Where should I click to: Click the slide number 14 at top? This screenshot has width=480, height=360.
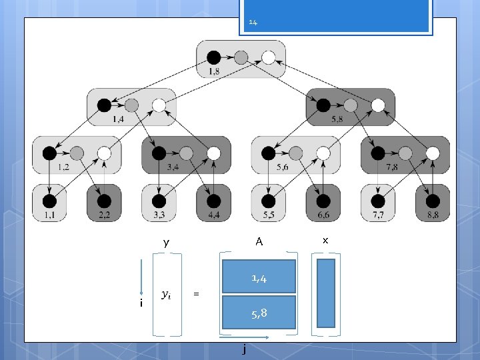tap(253, 23)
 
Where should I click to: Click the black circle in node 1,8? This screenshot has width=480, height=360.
tap(213, 57)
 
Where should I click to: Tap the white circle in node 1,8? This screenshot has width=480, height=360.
tap(268, 57)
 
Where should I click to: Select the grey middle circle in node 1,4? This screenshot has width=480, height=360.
tap(131, 105)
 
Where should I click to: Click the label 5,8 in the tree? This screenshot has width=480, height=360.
tap(337, 119)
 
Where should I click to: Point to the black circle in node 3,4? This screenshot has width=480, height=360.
tap(159, 153)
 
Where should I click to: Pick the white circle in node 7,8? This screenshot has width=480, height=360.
tap(433, 153)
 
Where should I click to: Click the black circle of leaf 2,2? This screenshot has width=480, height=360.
tap(103, 201)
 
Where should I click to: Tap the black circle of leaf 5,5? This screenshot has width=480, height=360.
tap(268, 201)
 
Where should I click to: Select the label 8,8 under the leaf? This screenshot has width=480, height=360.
tap(432, 216)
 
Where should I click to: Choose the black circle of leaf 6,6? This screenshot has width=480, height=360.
tap(323, 201)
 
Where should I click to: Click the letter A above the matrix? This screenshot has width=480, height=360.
tap(259, 242)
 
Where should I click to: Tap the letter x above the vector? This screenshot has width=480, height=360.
tap(325, 239)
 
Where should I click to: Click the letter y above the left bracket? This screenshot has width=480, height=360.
tap(166, 243)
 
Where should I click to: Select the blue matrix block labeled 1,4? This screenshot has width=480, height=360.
tap(259, 277)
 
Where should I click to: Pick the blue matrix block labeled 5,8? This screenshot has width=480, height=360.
tap(259, 312)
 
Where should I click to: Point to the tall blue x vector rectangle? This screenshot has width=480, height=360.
tap(326, 293)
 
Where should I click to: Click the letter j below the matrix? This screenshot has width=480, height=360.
tap(245, 348)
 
